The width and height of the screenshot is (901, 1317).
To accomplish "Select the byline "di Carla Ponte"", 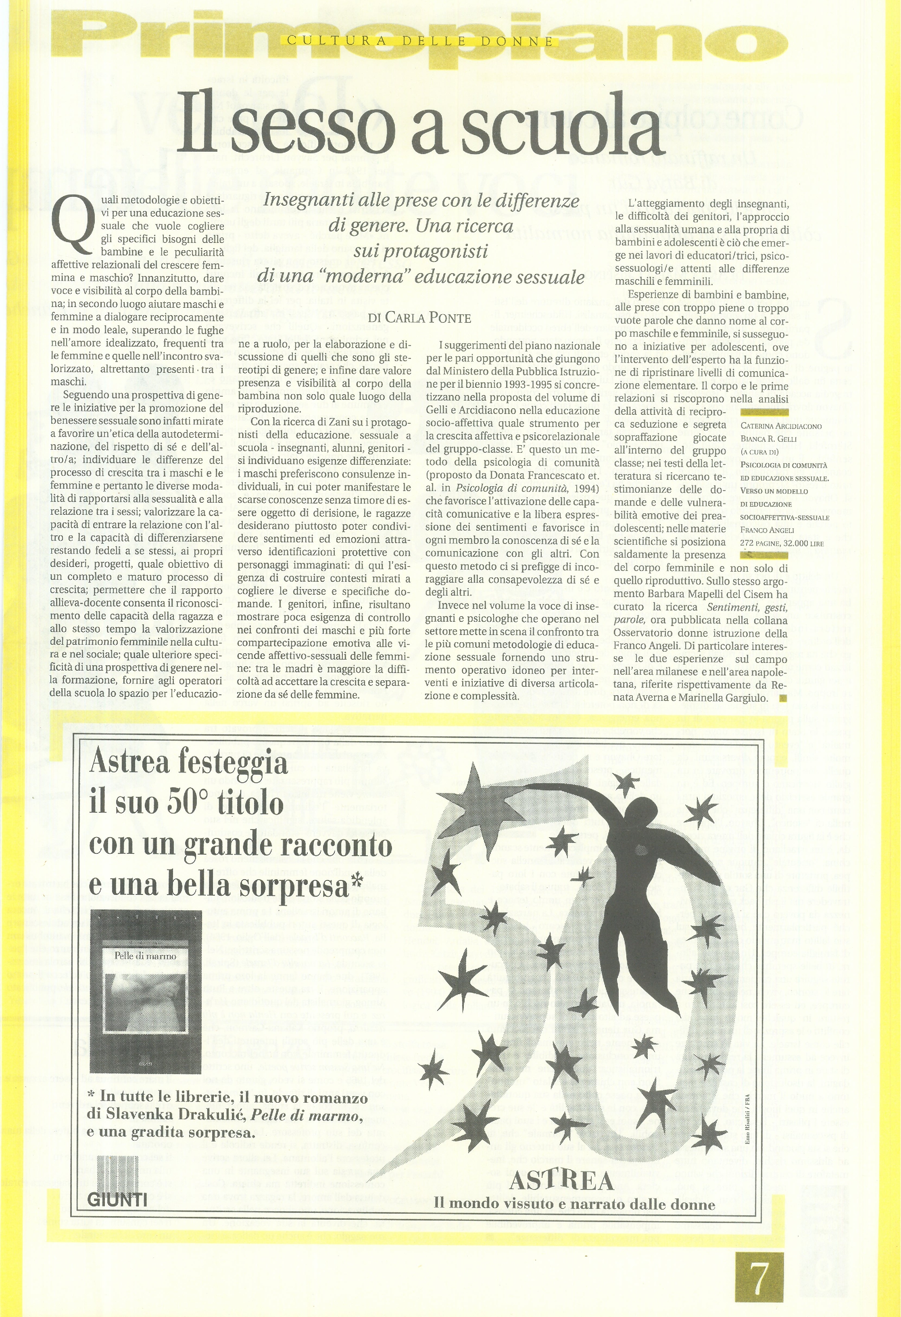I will [419, 318].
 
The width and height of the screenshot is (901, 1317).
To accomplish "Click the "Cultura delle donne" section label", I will [420, 41].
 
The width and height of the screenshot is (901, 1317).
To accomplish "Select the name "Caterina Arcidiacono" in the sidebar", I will [781, 426].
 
